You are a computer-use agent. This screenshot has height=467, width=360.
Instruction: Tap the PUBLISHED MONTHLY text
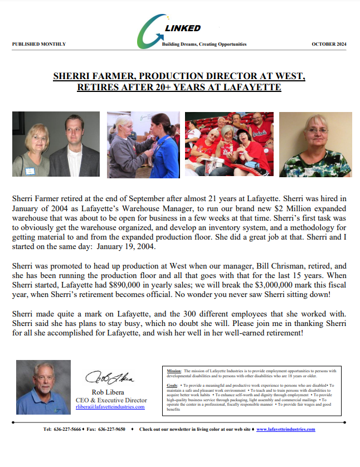point(39,44)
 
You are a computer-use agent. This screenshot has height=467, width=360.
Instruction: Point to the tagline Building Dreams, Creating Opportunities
point(204,44)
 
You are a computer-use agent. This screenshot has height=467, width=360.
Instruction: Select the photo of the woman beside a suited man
point(56,144)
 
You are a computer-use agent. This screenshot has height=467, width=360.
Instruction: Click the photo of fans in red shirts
point(230,144)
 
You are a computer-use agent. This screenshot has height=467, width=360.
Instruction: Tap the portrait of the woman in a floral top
point(315,144)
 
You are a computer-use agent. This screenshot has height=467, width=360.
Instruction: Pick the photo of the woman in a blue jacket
point(142,144)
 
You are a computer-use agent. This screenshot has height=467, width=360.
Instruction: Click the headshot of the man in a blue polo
point(43,387)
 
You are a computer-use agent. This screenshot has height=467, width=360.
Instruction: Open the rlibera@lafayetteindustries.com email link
point(110,407)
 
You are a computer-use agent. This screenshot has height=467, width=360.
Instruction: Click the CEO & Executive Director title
point(111,400)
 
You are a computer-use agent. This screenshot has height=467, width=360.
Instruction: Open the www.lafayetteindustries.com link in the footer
point(285,429)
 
